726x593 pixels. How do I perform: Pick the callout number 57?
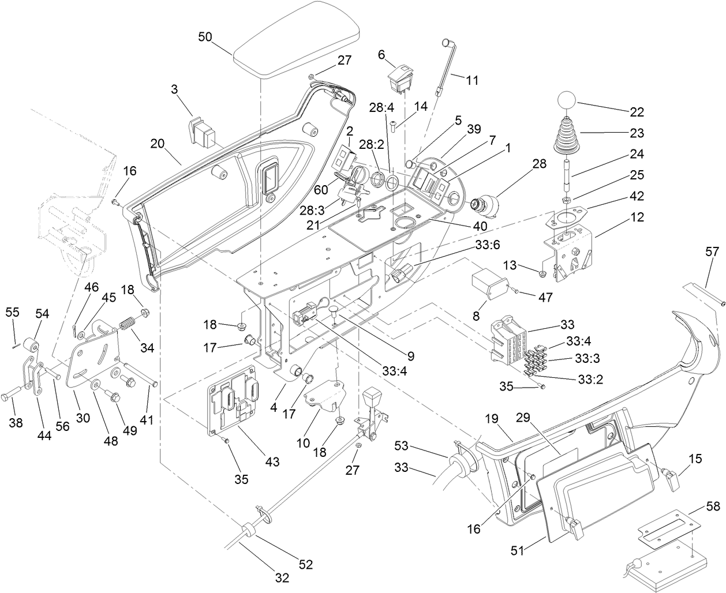[x=713, y=251]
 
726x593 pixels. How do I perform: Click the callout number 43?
[x=272, y=461]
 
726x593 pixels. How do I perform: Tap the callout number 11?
[x=472, y=80]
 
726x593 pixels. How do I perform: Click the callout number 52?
[x=305, y=565]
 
